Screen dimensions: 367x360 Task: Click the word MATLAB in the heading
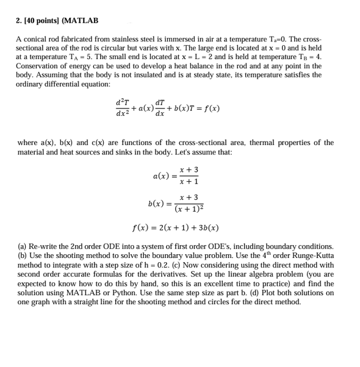tap(82, 21)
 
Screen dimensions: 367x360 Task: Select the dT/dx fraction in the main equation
tap(160, 109)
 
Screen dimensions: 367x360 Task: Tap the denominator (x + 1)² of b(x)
tap(189, 208)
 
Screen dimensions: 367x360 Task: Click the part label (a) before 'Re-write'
tap(22, 247)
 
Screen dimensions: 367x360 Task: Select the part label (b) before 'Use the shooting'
tap(22, 256)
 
